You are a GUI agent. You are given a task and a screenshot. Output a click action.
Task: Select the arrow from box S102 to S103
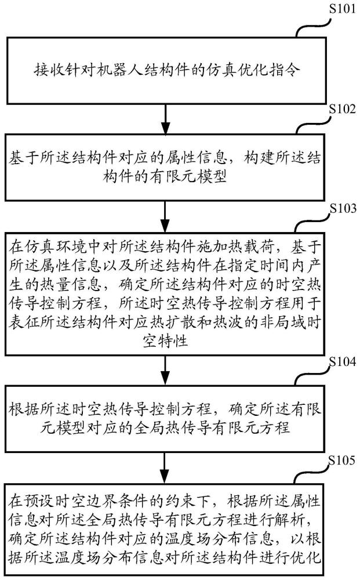pyautogui.click(x=166, y=217)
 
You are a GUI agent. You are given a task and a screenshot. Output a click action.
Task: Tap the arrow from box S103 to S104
pyautogui.click(x=166, y=371)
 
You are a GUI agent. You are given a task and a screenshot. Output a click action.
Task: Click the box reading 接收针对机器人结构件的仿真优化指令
pyautogui.click(x=166, y=71)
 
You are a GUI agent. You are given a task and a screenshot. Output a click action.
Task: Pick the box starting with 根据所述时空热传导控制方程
pyautogui.click(x=166, y=420)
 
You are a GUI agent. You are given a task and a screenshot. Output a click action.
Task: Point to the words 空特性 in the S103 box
pyautogui.click(x=166, y=339)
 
